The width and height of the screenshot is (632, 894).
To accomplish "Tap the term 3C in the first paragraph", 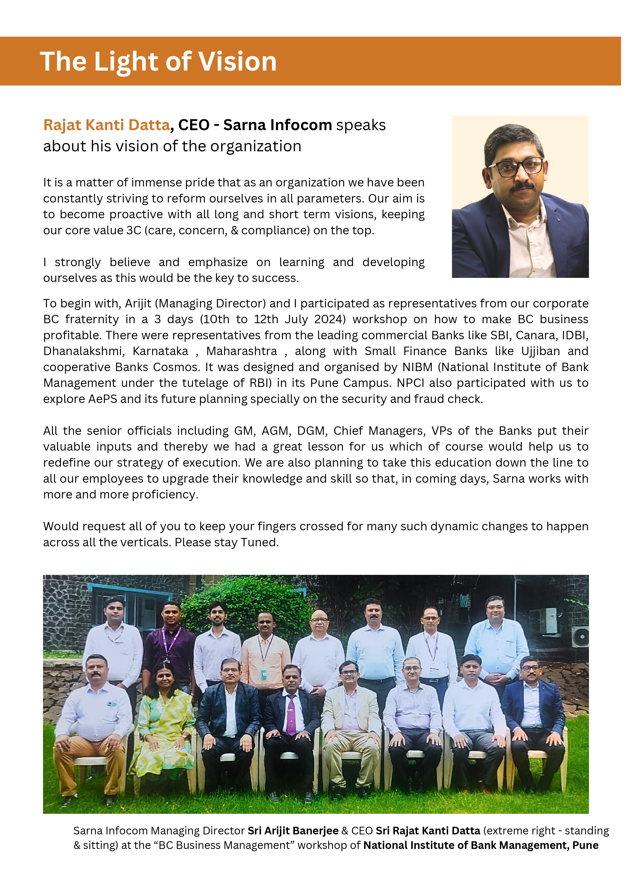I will pyautogui.click(x=134, y=231).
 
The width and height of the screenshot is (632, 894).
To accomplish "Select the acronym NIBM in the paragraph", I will pyautogui.click(x=417, y=367).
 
